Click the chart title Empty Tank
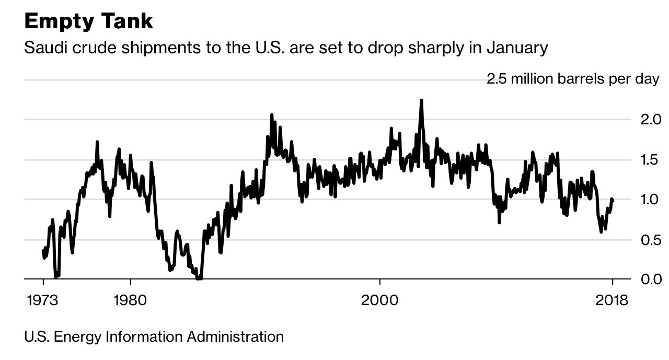point(88,22)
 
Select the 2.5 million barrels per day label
point(573,79)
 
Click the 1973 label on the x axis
point(43,301)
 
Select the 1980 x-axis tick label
point(130,301)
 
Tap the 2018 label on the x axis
point(612,301)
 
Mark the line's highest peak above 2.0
point(421,100)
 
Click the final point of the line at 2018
point(613,201)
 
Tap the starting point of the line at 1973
point(43,251)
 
